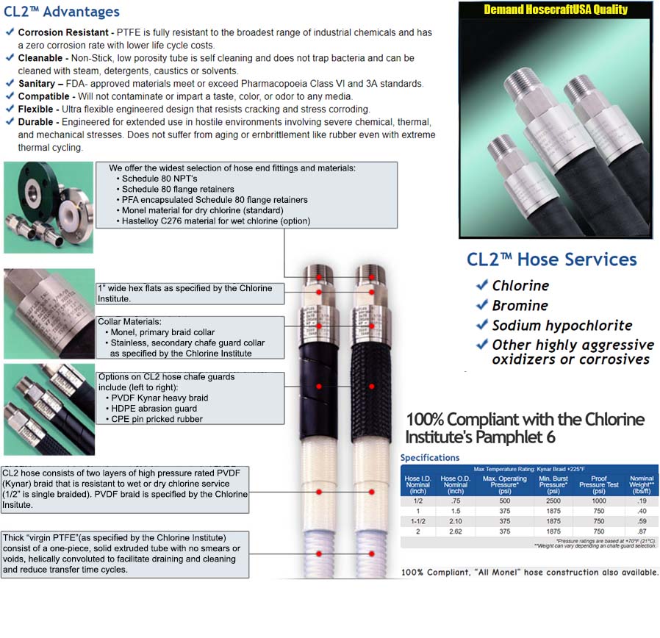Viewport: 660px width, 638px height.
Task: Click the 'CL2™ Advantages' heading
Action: click(62, 12)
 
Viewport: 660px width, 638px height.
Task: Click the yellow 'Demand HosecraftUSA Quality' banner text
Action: click(556, 10)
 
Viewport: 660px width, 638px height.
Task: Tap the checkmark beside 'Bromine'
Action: click(482, 305)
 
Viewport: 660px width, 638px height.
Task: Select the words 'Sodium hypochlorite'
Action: click(562, 326)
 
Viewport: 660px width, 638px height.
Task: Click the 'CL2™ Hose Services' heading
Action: click(551, 259)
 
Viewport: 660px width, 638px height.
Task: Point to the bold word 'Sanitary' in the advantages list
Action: click(36, 84)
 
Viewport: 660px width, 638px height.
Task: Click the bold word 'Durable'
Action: click(35, 122)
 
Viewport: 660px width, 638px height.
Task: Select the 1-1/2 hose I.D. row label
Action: click(418, 520)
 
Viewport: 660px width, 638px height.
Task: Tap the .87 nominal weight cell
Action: click(641, 531)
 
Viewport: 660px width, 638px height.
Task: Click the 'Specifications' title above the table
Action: click(430, 458)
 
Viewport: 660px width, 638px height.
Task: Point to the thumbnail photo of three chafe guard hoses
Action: click(49, 409)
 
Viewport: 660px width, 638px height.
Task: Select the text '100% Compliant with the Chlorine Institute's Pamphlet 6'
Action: click(525, 428)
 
